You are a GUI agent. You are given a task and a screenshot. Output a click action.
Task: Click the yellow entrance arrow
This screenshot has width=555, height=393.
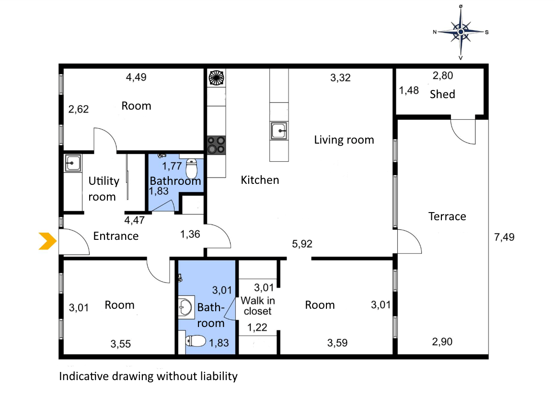coord(47,241)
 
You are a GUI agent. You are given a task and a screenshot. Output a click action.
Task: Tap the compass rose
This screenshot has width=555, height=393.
coord(461,32)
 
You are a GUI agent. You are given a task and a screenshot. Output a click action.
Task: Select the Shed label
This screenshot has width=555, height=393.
coord(442,94)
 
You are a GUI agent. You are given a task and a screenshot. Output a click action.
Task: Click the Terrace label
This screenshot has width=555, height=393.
coord(447,216)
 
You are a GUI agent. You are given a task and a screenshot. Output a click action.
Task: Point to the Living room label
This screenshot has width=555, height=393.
coord(344,140)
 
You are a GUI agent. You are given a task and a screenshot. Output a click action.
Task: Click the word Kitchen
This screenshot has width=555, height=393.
coord(260,180)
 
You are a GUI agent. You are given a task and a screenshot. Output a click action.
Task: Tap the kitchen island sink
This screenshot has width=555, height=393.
coord(279,131)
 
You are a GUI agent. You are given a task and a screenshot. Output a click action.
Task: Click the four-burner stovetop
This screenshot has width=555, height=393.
coord(216,145)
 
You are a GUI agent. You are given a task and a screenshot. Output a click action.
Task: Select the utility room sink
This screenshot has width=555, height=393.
coord(72,163)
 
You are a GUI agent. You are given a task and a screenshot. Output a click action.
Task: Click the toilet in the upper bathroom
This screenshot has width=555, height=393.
coord(192,168)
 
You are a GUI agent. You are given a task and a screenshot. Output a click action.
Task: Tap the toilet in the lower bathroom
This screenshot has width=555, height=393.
coord(196,341)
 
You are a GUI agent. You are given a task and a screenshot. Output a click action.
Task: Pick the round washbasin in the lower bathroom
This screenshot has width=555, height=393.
coord(185,307)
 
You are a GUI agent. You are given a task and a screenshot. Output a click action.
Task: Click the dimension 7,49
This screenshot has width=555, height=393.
coord(504,237)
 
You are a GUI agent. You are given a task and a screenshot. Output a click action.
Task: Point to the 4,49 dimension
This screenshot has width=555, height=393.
coord(136,77)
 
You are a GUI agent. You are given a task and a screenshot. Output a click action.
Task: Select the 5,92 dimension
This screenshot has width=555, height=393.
coord(302,244)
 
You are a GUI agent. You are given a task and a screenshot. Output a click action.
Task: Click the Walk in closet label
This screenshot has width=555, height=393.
coord(258,306)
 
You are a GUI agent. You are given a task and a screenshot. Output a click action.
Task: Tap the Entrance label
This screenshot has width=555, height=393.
coord(116,236)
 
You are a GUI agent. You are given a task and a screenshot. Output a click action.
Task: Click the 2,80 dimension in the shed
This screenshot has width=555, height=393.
coord(443,75)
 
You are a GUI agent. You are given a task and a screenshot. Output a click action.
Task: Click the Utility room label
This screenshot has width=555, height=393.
coord(104,189)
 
